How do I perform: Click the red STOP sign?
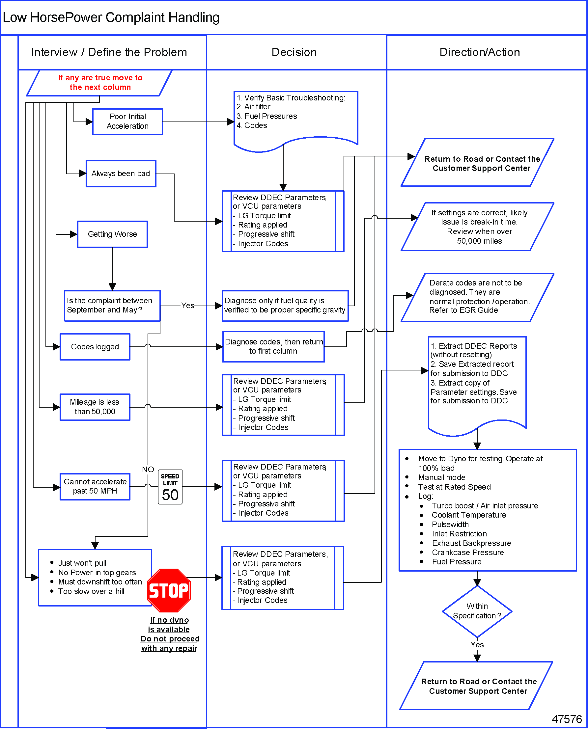tap(169, 590)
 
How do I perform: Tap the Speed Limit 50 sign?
tap(170, 487)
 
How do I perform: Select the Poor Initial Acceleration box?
tap(128, 121)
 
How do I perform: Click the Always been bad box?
tap(121, 174)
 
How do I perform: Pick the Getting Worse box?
tap(112, 234)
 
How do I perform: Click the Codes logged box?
tap(95, 347)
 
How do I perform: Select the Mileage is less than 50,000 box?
tap(95, 407)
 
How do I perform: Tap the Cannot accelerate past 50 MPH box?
tap(95, 487)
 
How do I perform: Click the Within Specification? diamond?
tap(477, 611)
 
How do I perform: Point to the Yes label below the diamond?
tap(477, 645)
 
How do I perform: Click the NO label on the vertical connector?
tap(148, 470)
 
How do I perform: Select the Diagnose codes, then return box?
tap(273, 347)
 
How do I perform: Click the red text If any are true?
tap(100, 83)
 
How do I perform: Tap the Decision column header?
tap(294, 52)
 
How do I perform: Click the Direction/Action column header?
tap(480, 52)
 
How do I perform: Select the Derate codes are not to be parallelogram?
tap(477, 297)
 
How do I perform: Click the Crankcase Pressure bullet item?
tap(467, 553)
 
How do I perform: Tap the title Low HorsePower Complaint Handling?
tap(111, 17)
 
